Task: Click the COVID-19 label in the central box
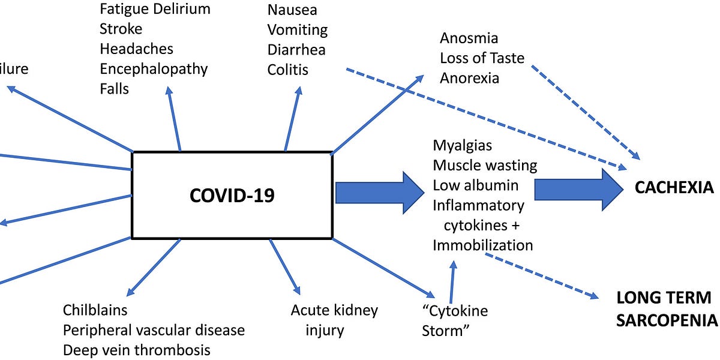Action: tap(232, 196)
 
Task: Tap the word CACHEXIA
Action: tap(674, 188)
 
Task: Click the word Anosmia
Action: tap(469, 38)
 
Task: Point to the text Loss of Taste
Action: tap(482, 58)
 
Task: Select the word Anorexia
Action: tap(469, 78)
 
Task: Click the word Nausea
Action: tap(292, 10)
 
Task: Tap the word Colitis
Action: tap(288, 70)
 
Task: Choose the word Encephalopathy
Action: tap(154, 68)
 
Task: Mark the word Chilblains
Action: tap(95, 310)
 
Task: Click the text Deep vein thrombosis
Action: tap(137, 350)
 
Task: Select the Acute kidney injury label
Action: tap(334, 320)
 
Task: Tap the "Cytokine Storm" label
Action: tap(455, 321)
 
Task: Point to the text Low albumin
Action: tap(475, 185)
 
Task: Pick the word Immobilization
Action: tap(482, 245)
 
